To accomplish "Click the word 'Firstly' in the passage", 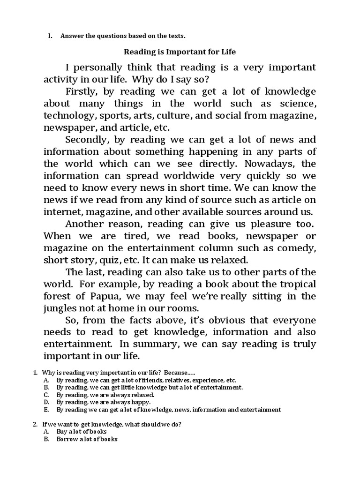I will coord(82,91).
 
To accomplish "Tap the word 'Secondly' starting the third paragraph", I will coord(90,140).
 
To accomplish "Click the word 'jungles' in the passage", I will coord(62,308).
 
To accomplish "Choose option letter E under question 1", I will coord(46,410).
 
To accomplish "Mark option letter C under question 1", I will coord(46,395).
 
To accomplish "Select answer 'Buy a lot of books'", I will coord(82,432).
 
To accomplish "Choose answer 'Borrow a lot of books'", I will coord(87,439).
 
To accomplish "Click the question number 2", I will coord(35,424).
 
